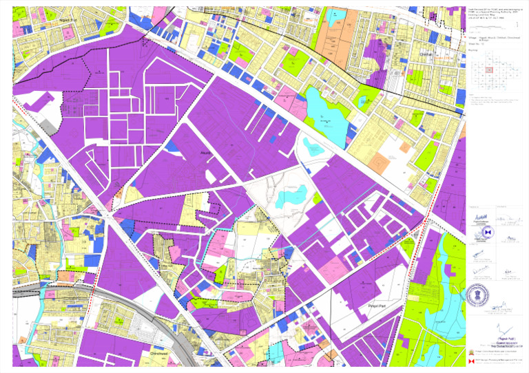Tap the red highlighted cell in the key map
489,70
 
